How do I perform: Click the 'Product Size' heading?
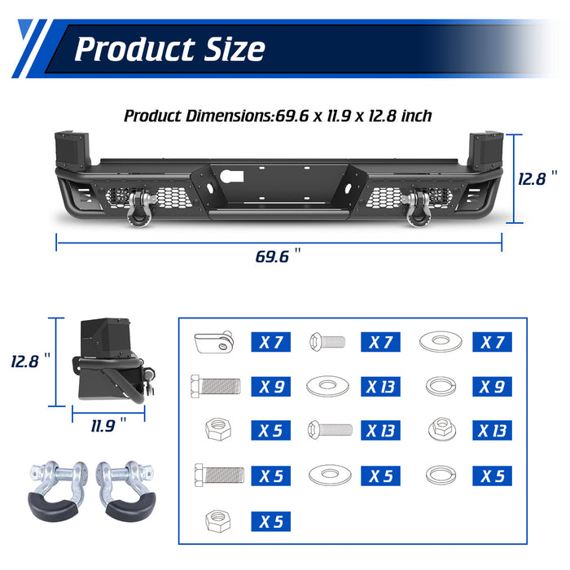click(x=169, y=49)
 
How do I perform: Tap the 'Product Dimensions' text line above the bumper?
click(x=278, y=116)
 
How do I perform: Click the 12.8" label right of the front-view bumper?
click(x=537, y=178)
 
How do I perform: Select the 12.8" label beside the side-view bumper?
click(x=30, y=361)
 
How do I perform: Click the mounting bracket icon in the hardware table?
click(x=214, y=341)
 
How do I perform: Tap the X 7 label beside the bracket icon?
click(x=271, y=342)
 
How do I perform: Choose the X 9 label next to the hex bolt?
click(x=271, y=386)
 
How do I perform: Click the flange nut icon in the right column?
click(x=440, y=430)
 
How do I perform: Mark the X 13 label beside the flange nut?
click(x=493, y=430)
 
